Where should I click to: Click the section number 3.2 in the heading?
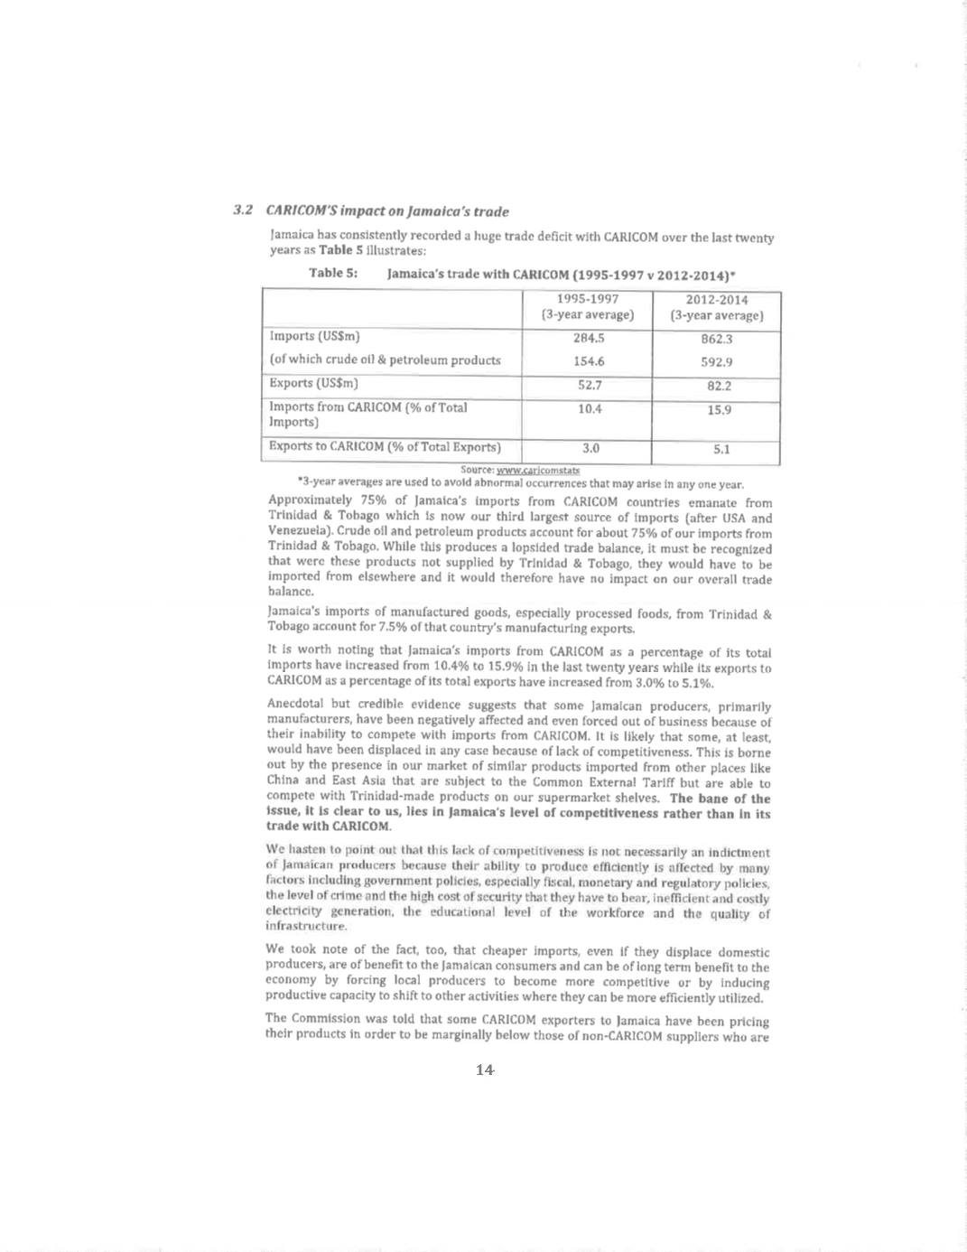point(243,210)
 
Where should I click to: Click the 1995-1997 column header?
point(588,307)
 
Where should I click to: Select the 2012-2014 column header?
point(717,307)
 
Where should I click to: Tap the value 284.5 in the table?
point(589,338)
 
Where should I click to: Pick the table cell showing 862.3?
point(717,339)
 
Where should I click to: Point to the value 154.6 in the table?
point(589,361)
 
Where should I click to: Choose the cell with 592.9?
point(717,362)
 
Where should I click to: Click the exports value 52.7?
point(589,385)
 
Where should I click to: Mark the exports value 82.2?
point(719,386)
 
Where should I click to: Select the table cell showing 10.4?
point(590,409)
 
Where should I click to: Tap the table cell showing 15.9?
point(719,410)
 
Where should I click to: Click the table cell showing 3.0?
point(590,448)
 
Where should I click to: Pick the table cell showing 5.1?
point(721,449)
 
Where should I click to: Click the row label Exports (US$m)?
point(313,383)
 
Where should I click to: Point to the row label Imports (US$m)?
point(314,336)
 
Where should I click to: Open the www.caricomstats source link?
point(537,470)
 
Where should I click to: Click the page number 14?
point(484,1070)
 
